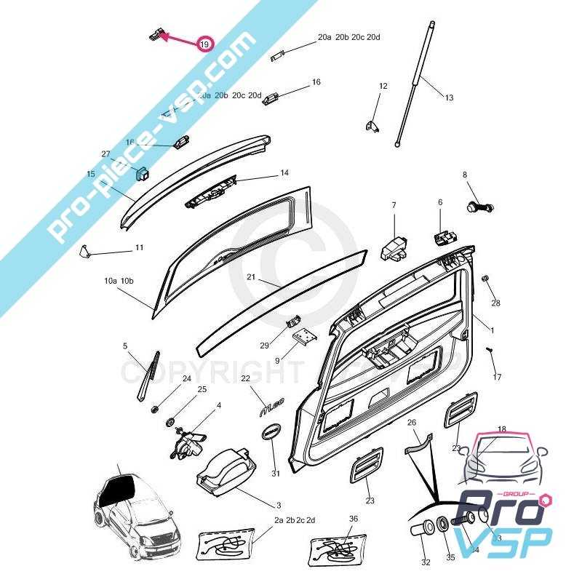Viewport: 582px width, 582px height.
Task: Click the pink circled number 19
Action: tap(204, 44)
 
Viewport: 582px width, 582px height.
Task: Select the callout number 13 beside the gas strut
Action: tap(449, 97)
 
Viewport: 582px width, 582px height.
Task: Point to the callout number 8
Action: tap(464, 175)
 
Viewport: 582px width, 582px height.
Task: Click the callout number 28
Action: tap(496, 302)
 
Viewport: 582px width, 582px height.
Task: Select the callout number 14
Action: tap(284, 173)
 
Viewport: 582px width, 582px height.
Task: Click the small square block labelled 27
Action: tap(143, 174)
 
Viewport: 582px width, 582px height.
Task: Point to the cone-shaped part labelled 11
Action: tap(85, 252)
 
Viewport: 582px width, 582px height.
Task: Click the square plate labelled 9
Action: tap(304, 335)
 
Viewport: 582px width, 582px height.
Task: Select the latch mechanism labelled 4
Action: tap(186, 442)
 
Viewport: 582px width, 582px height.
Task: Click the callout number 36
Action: tap(354, 519)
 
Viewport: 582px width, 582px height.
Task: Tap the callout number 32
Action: tap(426, 562)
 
